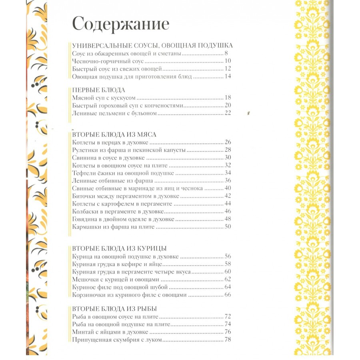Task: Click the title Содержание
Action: click(120, 24)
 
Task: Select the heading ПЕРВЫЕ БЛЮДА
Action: click(99, 90)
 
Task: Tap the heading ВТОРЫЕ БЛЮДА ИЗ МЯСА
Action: click(114, 134)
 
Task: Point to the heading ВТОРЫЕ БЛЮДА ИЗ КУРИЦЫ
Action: click(120, 248)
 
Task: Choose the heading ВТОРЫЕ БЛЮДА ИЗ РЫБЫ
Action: click(114, 308)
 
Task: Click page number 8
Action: click(226, 53)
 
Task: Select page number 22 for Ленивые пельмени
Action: click(228, 114)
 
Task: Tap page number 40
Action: click(228, 188)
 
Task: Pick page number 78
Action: click(228, 340)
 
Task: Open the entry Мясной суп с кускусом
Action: click(104, 98)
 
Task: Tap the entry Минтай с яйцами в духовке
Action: click(110, 332)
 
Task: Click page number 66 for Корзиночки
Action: click(228, 295)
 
